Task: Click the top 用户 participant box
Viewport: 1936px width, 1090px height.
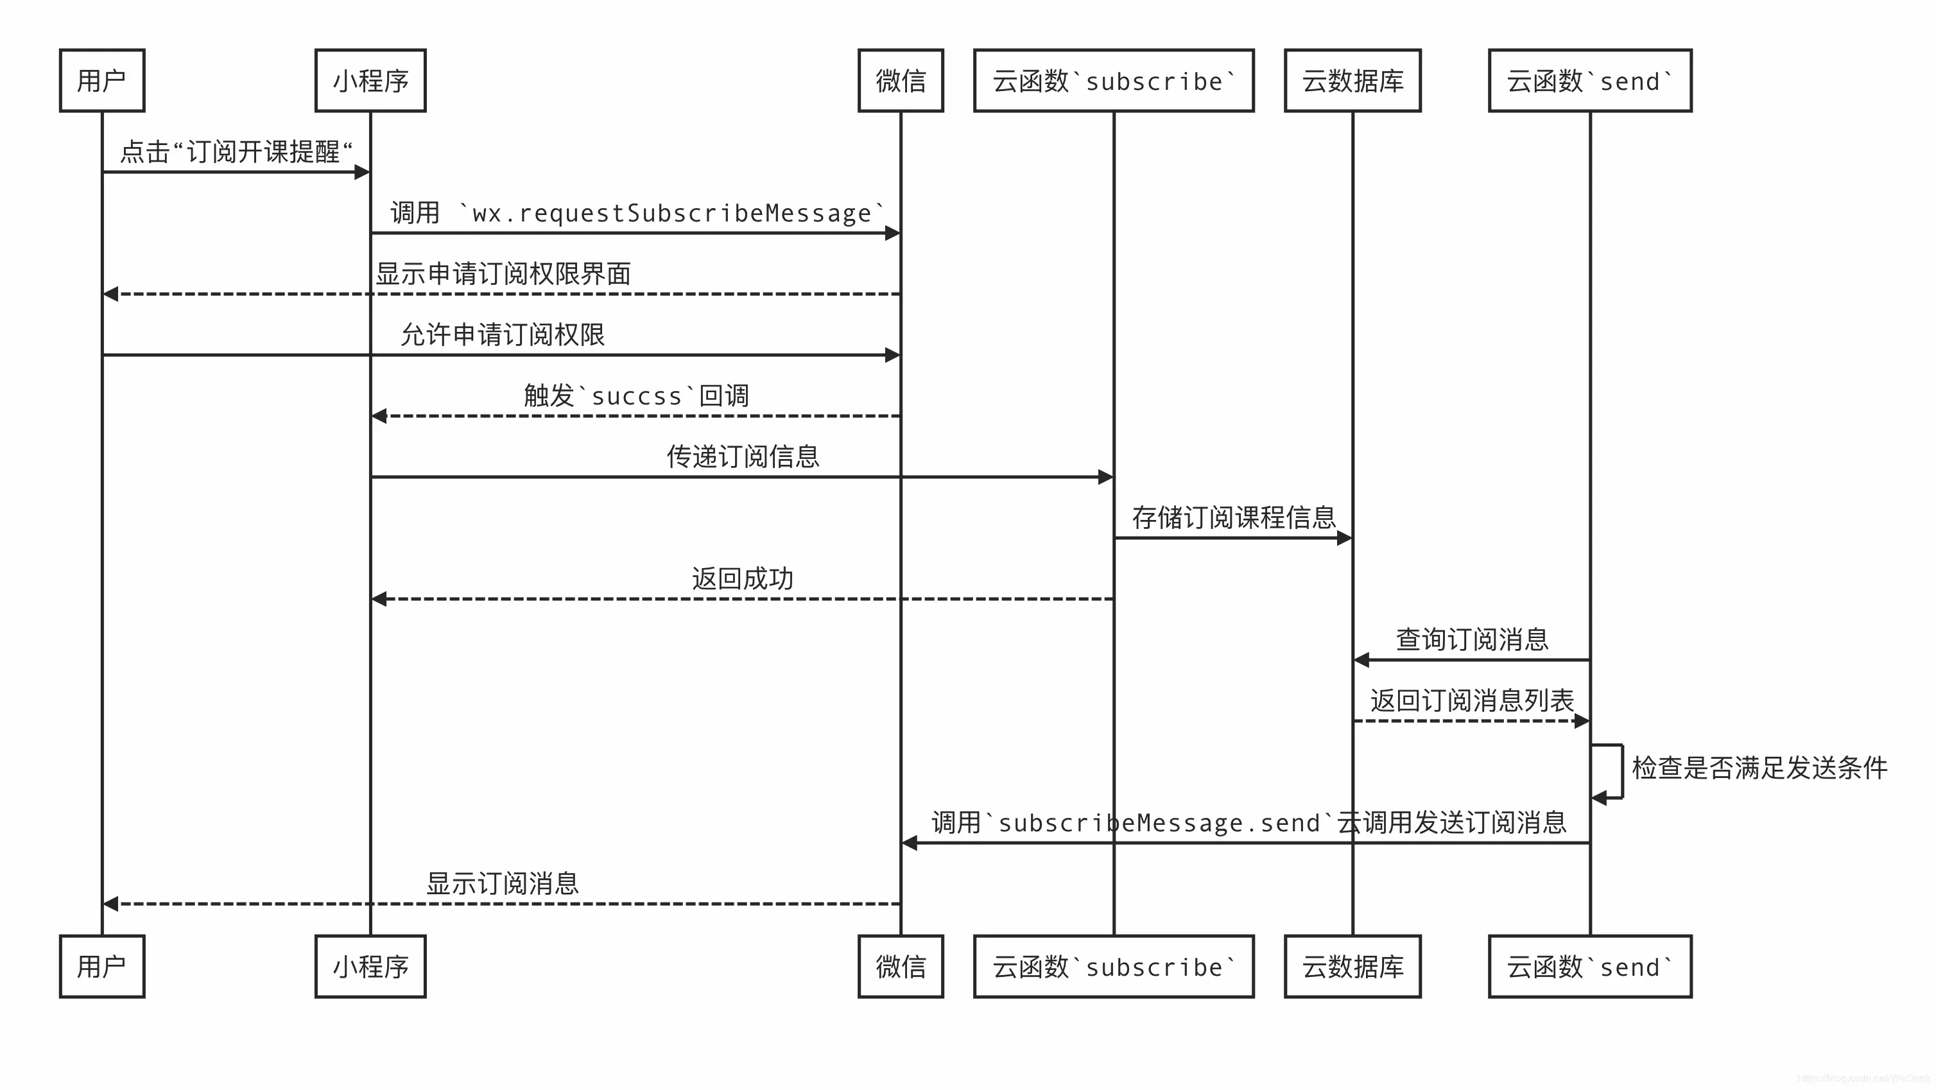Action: [102, 80]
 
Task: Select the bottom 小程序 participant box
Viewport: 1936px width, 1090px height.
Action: [370, 966]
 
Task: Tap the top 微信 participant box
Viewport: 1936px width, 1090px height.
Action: [901, 80]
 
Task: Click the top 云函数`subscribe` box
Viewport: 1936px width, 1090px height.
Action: [1113, 80]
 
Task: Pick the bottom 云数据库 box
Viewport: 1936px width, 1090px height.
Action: [1352, 966]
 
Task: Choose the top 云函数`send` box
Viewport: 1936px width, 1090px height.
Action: [1589, 80]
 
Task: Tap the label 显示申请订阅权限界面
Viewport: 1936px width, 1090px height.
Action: [503, 273]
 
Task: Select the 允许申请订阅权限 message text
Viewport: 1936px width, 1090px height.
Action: [503, 334]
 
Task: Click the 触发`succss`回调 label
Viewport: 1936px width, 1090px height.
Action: [636, 395]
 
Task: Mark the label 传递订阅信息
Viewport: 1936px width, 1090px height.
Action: [743, 456]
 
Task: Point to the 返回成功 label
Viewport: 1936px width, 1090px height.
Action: [743, 578]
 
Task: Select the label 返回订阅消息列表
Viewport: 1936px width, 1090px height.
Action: [1471, 700]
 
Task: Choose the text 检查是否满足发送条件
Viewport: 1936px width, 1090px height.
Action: [1759, 768]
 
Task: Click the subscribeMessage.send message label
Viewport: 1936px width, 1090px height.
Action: [1249, 822]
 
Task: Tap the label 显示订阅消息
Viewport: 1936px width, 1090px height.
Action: [503, 883]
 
